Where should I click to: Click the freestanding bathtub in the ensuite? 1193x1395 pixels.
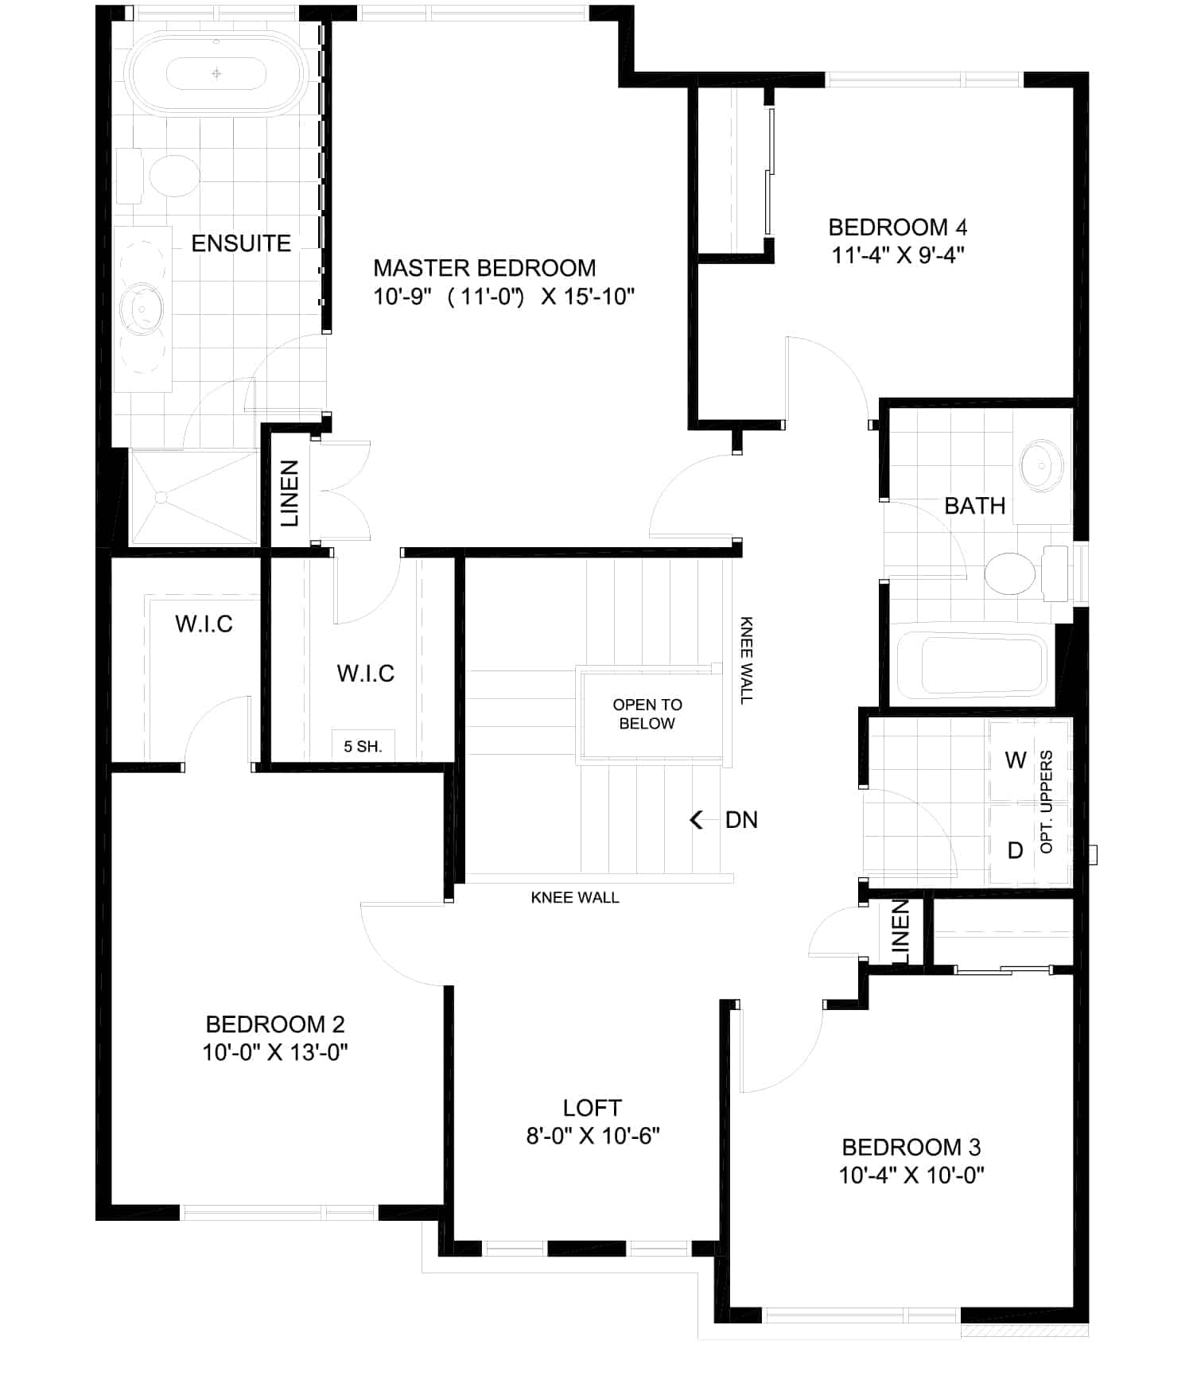click(217, 74)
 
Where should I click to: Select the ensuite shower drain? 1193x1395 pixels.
click(161, 498)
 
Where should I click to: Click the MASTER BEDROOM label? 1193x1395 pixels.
click(484, 268)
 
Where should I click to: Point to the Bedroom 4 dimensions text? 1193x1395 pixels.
click(898, 255)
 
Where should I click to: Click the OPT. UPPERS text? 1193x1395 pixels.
click(1047, 802)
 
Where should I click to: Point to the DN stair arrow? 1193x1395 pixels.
click(698, 819)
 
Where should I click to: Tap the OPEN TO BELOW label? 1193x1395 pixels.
click(647, 714)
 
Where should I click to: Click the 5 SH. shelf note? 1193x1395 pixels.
click(363, 747)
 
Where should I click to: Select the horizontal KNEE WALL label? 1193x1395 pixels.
click(575, 897)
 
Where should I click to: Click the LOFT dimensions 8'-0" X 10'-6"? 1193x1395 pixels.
click(593, 1136)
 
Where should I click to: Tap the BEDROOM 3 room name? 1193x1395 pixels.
click(911, 1147)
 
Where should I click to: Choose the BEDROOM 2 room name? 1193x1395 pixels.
click(275, 1024)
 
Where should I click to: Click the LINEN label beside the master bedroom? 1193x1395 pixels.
click(290, 493)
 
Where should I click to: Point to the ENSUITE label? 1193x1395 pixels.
click(241, 243)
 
